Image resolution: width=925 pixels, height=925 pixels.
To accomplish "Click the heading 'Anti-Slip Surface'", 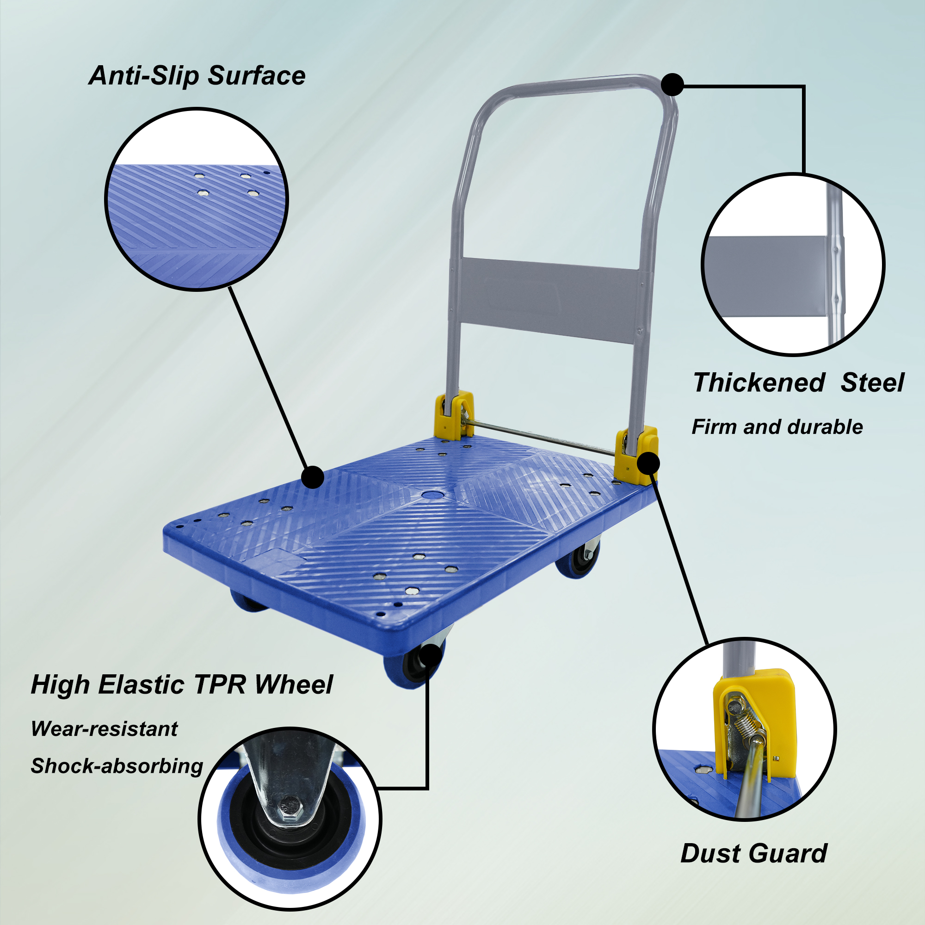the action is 197,76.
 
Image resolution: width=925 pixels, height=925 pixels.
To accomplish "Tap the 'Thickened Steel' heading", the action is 798,382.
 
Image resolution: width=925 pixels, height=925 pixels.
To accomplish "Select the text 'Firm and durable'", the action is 777,426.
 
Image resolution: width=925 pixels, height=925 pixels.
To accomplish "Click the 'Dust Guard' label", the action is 754,853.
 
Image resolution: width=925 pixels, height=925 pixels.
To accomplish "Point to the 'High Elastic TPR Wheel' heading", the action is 181,684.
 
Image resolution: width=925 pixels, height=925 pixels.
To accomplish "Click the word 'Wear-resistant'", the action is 104,729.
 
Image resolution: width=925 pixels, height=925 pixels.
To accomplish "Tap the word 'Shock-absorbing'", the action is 117,766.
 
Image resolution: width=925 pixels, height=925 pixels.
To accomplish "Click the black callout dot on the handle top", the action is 672,85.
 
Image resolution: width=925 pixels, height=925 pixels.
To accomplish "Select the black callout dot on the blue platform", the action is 313,477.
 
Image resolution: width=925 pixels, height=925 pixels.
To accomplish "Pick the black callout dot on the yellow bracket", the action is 648,462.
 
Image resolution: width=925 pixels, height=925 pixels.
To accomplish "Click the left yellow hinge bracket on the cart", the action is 454,415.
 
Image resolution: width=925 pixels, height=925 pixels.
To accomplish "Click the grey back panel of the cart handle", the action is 550,300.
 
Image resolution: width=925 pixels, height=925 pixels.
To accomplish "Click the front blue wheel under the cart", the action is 413,664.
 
